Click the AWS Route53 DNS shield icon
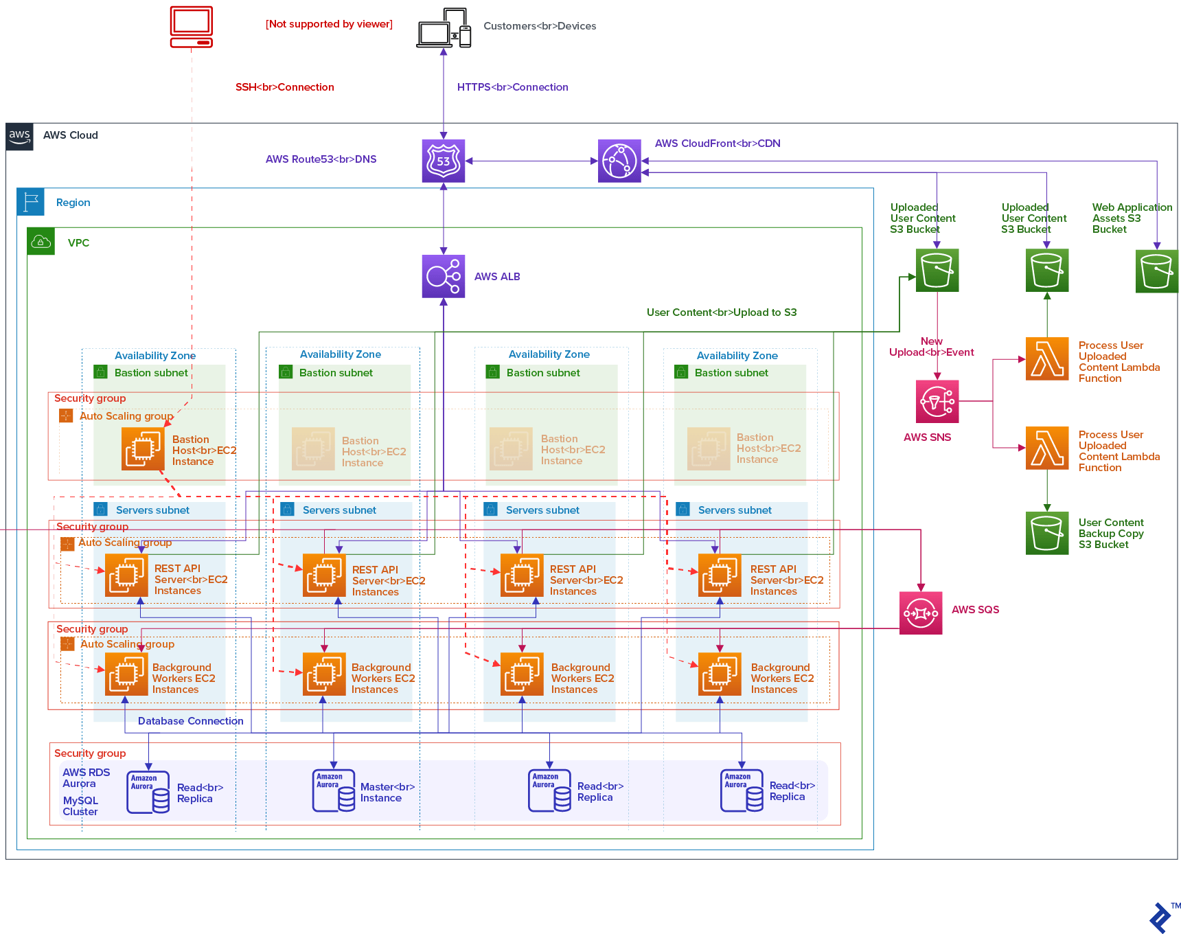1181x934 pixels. click(444, 161)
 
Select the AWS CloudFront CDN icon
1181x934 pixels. click(619, 161)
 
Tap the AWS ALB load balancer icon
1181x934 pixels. click(444, 276)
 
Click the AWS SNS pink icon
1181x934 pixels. click(937, 402)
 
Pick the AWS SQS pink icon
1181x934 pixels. click(921, 613)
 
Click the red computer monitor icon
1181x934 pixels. click(192, 27)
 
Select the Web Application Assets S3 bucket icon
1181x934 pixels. click(1156, 271)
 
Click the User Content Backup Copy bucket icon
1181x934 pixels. click(1047, 533)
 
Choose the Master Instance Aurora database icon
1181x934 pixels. click(334, 790)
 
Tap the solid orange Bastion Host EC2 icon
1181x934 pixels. click(143, 448)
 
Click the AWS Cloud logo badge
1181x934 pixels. click(20, 136)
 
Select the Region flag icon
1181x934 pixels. click(31, 202)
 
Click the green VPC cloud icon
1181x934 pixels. click(41, 242)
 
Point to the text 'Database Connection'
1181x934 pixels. click(190, 721)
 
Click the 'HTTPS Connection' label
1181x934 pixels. click(512, 87)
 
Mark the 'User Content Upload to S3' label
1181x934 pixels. click(721, 312)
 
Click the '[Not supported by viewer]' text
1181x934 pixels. click(329, 24)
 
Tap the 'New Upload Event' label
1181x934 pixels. click(931, 347)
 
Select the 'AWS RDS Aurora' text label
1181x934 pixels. click(86, 778)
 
